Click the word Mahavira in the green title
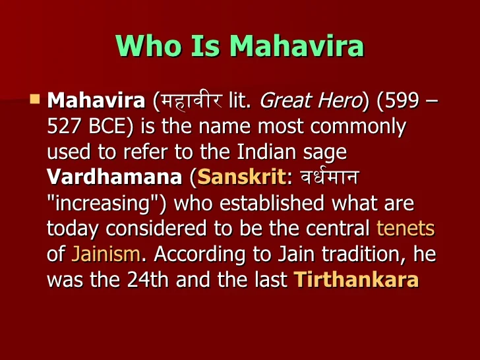297,45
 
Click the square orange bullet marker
35,99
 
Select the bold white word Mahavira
96,100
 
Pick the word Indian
266,152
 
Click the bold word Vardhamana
115,177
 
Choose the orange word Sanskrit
241,177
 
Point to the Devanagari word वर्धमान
330,177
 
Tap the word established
272,202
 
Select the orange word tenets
405,228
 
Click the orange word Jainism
105,254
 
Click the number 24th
148,280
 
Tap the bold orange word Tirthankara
356,280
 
